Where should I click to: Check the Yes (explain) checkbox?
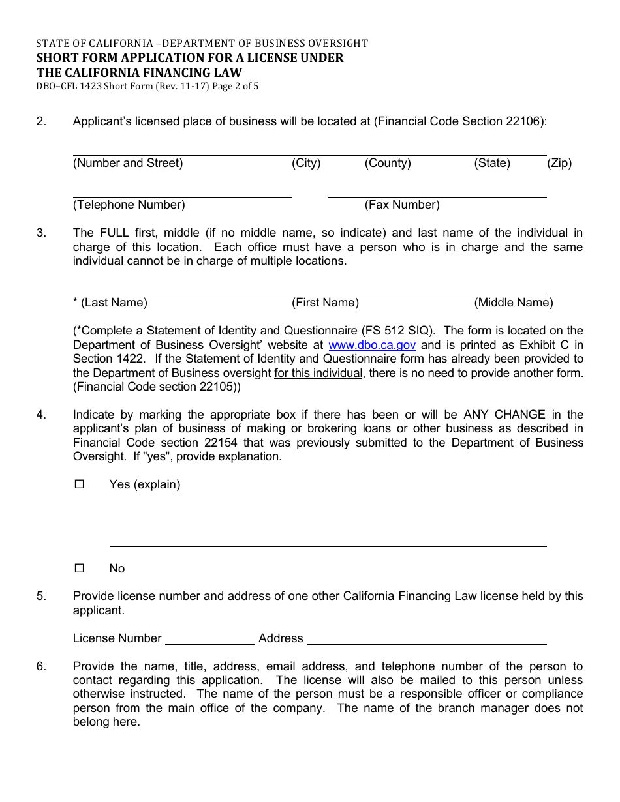80,484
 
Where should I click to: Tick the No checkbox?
80,569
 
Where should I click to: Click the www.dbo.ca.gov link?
372,345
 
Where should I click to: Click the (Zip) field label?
559,163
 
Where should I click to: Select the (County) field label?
388,163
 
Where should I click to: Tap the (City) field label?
306,163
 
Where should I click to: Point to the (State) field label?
492,163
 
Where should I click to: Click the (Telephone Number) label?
129,205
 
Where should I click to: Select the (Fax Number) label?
402,205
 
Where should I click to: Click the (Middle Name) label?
514,303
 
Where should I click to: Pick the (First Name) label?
325,303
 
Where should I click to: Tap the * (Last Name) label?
110,303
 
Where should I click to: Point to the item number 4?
41,415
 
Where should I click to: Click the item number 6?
41,666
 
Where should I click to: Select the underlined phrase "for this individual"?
318,373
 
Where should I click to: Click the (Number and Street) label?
128,163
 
